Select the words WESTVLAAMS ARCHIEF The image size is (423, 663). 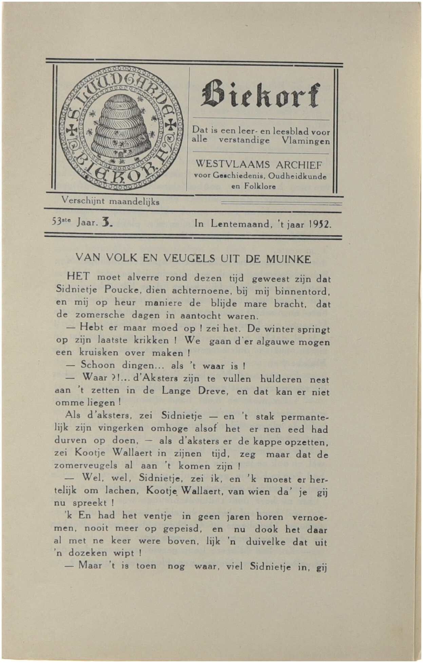(259, 165)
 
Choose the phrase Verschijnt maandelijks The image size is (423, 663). (111, 201)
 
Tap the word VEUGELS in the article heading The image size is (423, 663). (189, 259)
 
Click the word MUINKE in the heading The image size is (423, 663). (288, 260)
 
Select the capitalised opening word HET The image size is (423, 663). (78, 276)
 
